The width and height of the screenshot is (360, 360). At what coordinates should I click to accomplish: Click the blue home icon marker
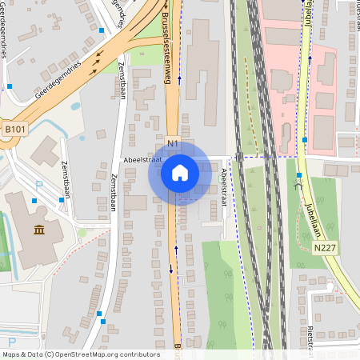point(179,173)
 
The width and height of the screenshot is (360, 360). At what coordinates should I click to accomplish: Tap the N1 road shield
point(173,143)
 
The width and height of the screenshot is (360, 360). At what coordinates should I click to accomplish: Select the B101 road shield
point(14,129)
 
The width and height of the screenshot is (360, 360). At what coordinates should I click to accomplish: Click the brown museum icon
point(39,231)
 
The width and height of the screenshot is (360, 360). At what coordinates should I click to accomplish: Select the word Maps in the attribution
point(12,354)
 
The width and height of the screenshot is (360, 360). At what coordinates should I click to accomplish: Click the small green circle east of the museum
point(82,233)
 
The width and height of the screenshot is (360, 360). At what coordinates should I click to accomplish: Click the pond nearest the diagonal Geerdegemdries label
point(74,105)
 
